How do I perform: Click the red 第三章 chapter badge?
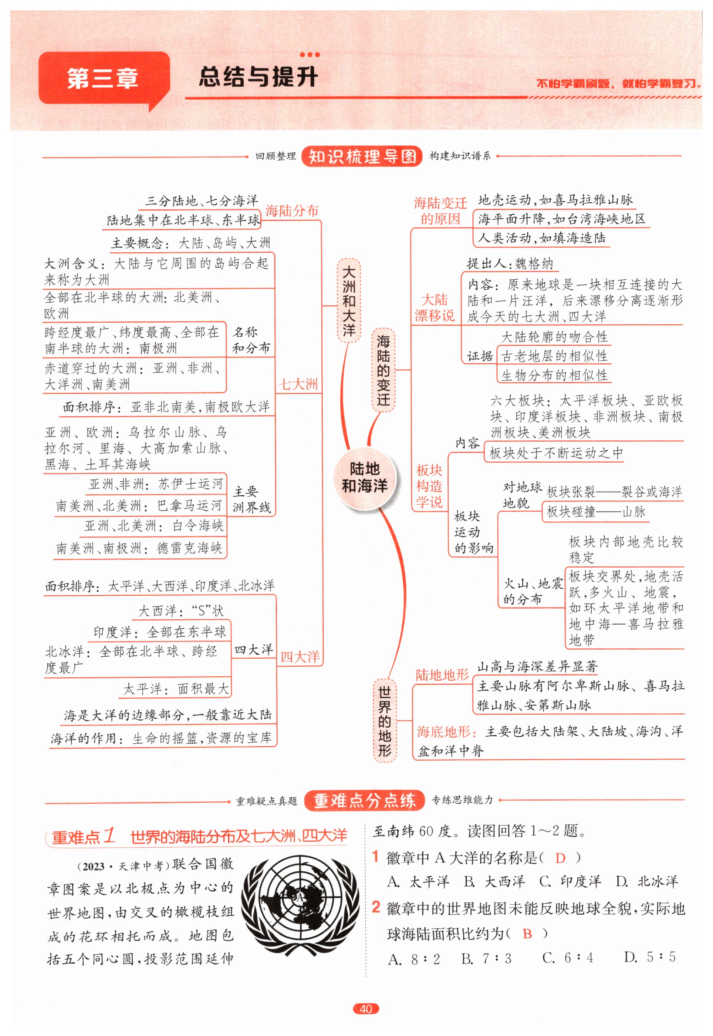click(x=104, y=79)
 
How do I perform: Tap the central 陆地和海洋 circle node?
click(x=364, y=477)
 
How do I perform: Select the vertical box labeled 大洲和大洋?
click(x=348, y=300)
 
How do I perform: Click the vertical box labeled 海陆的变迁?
click(x=383, y=370)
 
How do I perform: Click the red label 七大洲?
click(x=298, y=384)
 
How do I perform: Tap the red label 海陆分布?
click(x=292, y=211)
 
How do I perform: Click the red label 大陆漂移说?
click(x=434, y=308)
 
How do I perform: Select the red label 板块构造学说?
click(x=429, y=486)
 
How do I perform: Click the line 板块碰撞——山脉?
click(x=595, y=512)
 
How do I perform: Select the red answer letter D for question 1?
click(x=560, y=858)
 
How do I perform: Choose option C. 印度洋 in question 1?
click(x=570, y=881)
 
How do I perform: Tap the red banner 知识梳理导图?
click(x=362, y=157)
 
